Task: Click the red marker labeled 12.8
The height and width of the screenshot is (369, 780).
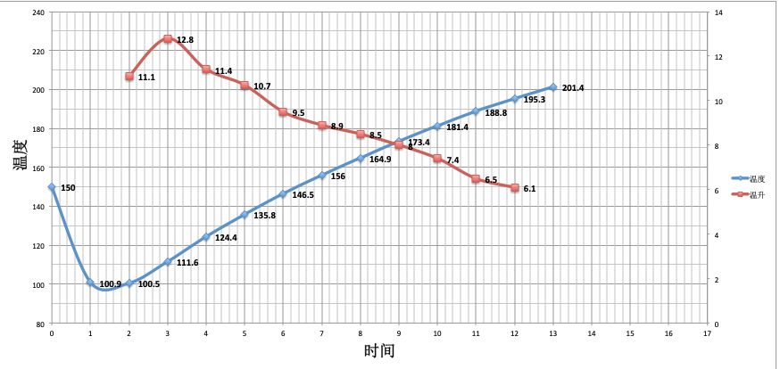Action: click(x=168, y=39)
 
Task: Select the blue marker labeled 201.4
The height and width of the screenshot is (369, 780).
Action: click(x=553, y=87)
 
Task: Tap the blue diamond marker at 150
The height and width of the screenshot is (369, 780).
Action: click(x=52, y=187)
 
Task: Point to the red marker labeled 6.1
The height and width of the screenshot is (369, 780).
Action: click(x=515, y=188)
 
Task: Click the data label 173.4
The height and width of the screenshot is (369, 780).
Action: click(x=419, y=142)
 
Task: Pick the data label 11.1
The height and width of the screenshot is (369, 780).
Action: click(x=147, y=78)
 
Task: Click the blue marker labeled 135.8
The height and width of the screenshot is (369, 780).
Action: click(x=245, y=214)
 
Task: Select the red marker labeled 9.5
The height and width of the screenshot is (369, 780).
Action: click(x=283, y=112)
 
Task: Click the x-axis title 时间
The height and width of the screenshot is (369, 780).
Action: click(x=378, y=351)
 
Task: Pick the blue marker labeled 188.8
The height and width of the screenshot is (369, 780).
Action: click(x=476, y=111)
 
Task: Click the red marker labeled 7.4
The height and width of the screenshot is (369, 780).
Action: click(x=437, y=159)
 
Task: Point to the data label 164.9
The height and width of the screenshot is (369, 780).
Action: click(x=380, y=160)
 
